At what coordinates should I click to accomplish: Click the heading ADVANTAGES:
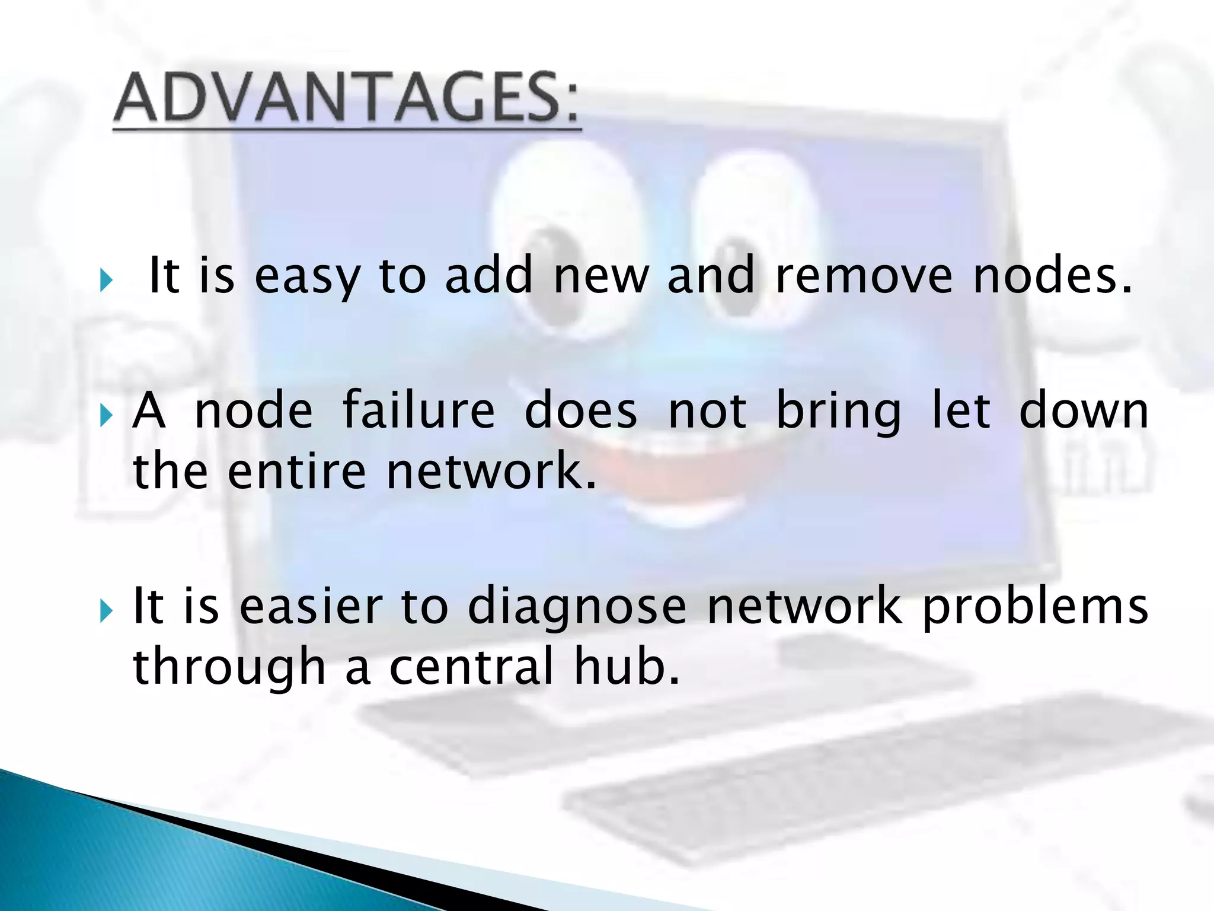coord(347,98)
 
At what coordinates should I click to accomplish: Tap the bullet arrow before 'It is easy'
coord(107,280)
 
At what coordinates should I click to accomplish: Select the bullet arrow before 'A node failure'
coord(107,415)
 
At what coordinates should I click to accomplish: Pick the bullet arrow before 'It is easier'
coord(107,610)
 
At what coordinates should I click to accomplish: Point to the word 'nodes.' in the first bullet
coord(1053,276)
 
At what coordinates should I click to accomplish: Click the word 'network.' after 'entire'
coord(491,472)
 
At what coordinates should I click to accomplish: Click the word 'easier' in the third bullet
coord(311,606)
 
